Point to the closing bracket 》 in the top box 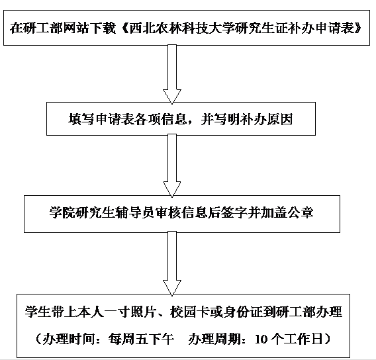coord(357,28)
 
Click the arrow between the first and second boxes coord(172,74)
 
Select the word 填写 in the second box coord(81,119)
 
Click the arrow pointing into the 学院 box coord(172,165)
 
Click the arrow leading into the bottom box coord(172,263)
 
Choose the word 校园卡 coord(190,312)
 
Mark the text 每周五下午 coord(141,339)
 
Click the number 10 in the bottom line coord(261,339)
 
